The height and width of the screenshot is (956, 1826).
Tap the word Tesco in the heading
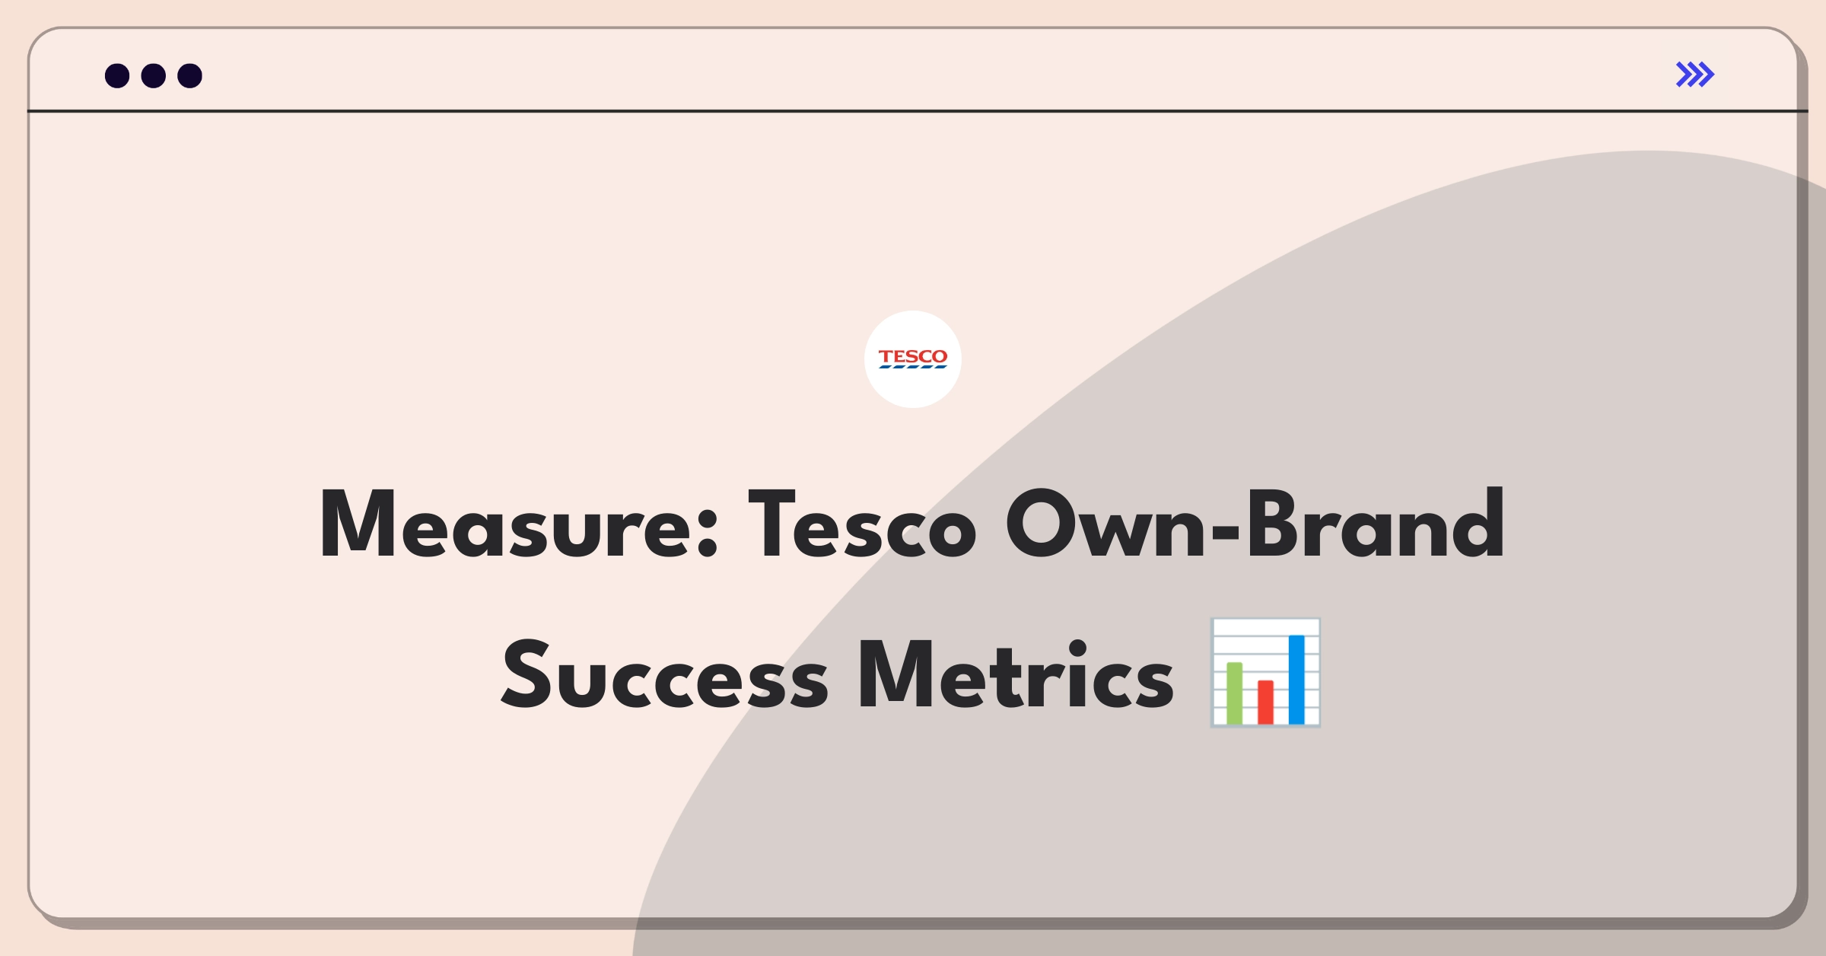[862, 524]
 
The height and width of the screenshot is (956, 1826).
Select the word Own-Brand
[1255, 524]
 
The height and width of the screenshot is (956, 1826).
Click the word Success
[665, 674]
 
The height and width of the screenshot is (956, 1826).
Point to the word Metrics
[1016, 674]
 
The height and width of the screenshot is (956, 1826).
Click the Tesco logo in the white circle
[913, 358]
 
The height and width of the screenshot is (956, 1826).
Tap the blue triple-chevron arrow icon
[1695, 75]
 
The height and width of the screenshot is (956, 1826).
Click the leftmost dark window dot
[117, 75]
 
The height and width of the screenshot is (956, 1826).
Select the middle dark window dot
[154, 75]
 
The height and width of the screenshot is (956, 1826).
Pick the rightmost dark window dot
[190, 75]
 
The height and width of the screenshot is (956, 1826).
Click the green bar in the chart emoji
[1234, 693]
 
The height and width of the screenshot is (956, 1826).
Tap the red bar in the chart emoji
[1265, 702]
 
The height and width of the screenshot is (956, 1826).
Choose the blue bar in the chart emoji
[1296, 679]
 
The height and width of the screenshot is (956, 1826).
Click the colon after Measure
[708, 533]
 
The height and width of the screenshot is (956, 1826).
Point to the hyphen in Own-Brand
[1226, 531]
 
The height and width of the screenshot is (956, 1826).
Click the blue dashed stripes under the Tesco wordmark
[913, 367]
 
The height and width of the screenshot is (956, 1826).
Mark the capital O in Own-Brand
[1040, 524]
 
